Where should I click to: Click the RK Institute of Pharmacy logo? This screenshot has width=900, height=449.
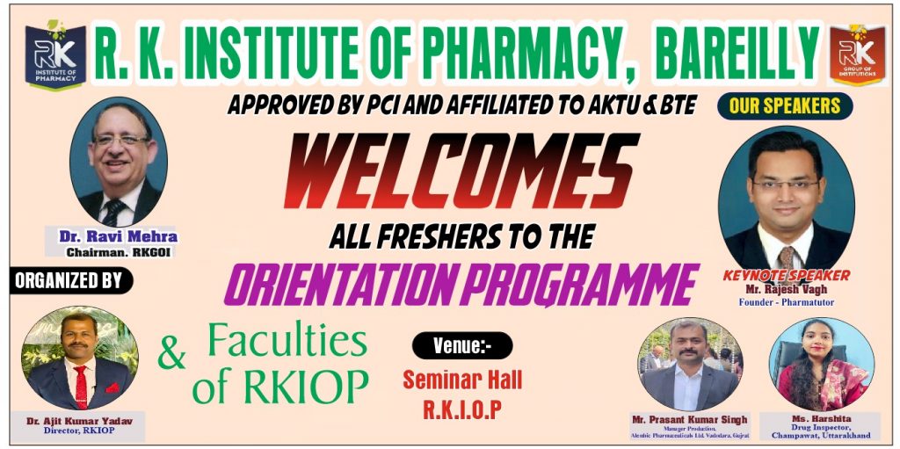pos(55,54)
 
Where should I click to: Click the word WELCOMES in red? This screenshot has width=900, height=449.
pos(461,171)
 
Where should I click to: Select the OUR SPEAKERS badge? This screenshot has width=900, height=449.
pos(785,105)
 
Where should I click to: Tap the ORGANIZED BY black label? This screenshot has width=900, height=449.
pos(70,280)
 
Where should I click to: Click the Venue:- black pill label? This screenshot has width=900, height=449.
pos(462,345)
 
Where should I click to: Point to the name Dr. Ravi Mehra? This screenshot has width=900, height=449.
pos(119,236)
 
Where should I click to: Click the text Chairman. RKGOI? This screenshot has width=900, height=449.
pos(119,252)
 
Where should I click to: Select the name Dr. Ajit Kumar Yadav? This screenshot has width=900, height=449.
pos(79,422)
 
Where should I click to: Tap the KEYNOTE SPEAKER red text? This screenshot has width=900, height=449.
pos(787,276)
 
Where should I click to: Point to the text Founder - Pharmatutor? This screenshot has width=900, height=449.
pos(786,301)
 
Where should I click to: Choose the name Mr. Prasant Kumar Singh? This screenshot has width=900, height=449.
pos(689,419)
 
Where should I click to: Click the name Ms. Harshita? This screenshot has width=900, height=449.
pos(820,418)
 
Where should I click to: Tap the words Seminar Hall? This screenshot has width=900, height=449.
pos(462,380)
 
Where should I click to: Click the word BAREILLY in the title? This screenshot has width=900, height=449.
pos(737,53)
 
